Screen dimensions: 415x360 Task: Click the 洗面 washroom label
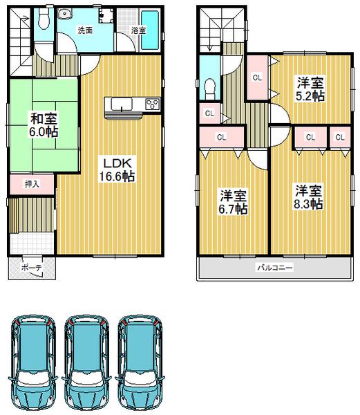coord(85,30)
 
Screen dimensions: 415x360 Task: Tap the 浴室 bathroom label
coord(138,30)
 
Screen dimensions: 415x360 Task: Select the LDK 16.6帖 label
coord(118,169)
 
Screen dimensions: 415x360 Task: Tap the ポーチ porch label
coord(31,268)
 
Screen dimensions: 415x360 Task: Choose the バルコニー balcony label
coord(275,267)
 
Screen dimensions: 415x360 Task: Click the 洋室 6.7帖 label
coord(233,201)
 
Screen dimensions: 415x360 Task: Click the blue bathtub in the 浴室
coord(150,31)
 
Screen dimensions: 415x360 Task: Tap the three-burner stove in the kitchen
coord(151,105)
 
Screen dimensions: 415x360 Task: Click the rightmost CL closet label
coord(339,137)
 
